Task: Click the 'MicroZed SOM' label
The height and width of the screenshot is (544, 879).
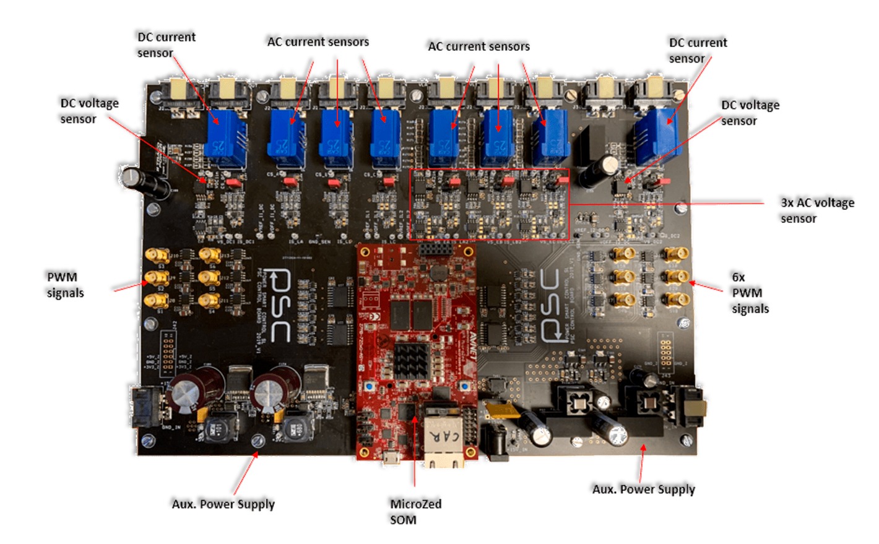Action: [x=415, y=511]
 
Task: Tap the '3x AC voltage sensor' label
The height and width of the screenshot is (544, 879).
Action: [x=816, y=210]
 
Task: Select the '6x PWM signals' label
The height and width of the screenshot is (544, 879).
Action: [x=749, y=293]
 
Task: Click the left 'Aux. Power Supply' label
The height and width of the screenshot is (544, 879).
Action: [x=223, y=504]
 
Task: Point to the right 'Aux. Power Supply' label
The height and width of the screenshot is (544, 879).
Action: [x=643, y=489]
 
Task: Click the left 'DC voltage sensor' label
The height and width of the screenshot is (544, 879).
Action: [x=89, y=111]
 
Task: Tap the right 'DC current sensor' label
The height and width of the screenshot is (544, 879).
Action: [x=698, y=50]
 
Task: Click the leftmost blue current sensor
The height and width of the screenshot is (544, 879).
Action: [x=225, y=139]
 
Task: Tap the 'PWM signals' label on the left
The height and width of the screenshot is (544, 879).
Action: [x=65, y=285]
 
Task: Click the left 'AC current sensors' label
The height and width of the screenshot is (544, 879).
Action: [x=318, y=42]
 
